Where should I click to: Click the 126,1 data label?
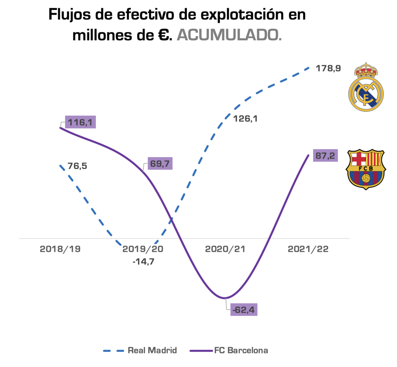245,119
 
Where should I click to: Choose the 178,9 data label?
328,69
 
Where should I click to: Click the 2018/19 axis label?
60,249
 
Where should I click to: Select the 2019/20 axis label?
143,249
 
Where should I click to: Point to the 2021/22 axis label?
308,249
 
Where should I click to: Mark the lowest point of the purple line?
224,298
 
